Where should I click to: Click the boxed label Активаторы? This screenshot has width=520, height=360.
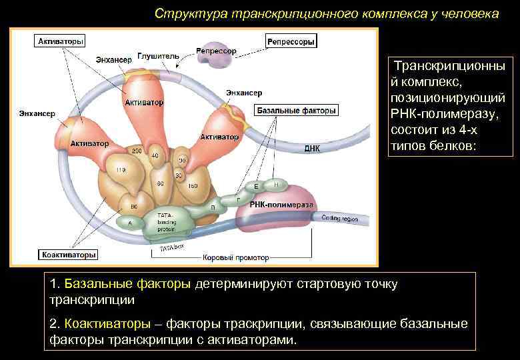60,41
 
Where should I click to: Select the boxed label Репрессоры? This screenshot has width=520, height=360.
290,41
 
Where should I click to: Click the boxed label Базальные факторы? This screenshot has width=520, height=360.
296,110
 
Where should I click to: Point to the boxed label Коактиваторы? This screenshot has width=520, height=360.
69,254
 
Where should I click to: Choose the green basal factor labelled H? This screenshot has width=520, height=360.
275,183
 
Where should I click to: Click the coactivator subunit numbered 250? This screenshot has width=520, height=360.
137,153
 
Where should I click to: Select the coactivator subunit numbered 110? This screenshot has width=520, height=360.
121,171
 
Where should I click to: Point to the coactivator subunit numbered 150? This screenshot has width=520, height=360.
193,185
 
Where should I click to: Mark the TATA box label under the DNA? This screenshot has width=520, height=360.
171,248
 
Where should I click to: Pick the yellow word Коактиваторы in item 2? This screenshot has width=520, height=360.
107,324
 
